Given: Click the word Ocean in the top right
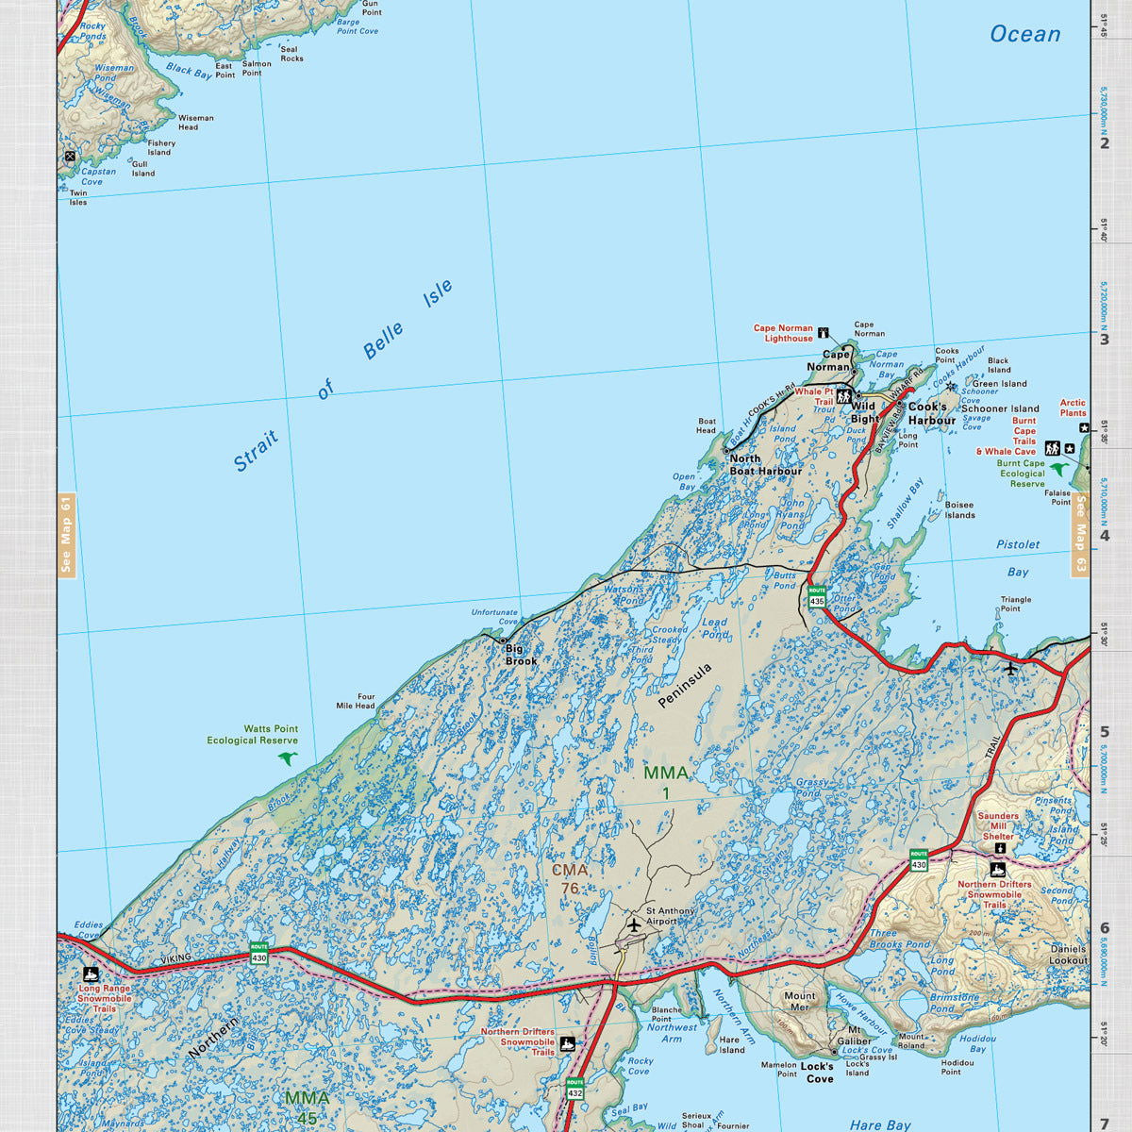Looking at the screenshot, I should coord(1024,34).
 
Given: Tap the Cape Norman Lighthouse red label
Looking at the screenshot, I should coord(782,333).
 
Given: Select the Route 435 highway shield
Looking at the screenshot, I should coord(817,596).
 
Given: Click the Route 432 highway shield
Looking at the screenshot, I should coord(574,1088).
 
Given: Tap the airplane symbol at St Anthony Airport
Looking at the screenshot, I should coord(633,925).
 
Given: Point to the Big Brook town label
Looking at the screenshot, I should coord(520,655).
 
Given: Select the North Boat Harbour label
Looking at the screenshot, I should coord(765,465).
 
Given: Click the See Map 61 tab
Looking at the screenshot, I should coord(66,535).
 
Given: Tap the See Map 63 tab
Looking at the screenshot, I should coord(1080,535).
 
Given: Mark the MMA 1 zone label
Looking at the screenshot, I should coord(665,782).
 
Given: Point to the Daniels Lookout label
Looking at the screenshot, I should coord(1068,954).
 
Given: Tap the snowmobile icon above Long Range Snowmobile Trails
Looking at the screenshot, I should coord(91,974).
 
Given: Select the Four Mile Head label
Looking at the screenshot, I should coord(356,701).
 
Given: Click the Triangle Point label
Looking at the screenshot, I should coord(1016,604).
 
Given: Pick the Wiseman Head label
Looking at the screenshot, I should coord(195,123).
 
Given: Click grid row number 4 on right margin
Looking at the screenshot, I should coord(1104,535).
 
